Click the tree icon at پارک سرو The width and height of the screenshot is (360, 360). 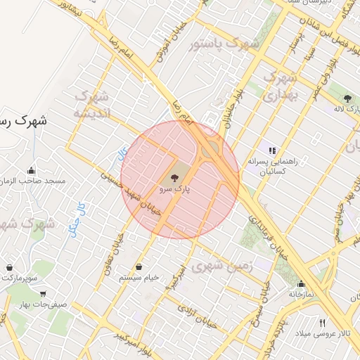pyautogui.click(x=174, y=179)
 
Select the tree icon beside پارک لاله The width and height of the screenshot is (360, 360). pyautogui.click(x=348, y=98)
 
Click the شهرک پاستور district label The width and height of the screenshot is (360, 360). pyautogui.click(x=224, y=44)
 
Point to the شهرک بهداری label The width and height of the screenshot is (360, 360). pyautogui.click(x=281, y=86)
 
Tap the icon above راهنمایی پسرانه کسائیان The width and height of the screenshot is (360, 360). pyautogui.click(x=272, y=150)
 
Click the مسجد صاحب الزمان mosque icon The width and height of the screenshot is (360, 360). pyautogui.click(x=32, y=170)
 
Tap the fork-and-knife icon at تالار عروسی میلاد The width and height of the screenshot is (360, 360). pyautogui.click(x=323, y=323)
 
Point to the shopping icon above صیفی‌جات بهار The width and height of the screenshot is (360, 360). pyautogui.click(x=44, y=295)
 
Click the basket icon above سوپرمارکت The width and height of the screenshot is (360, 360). pyautogui.click(x=9, y=268)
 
